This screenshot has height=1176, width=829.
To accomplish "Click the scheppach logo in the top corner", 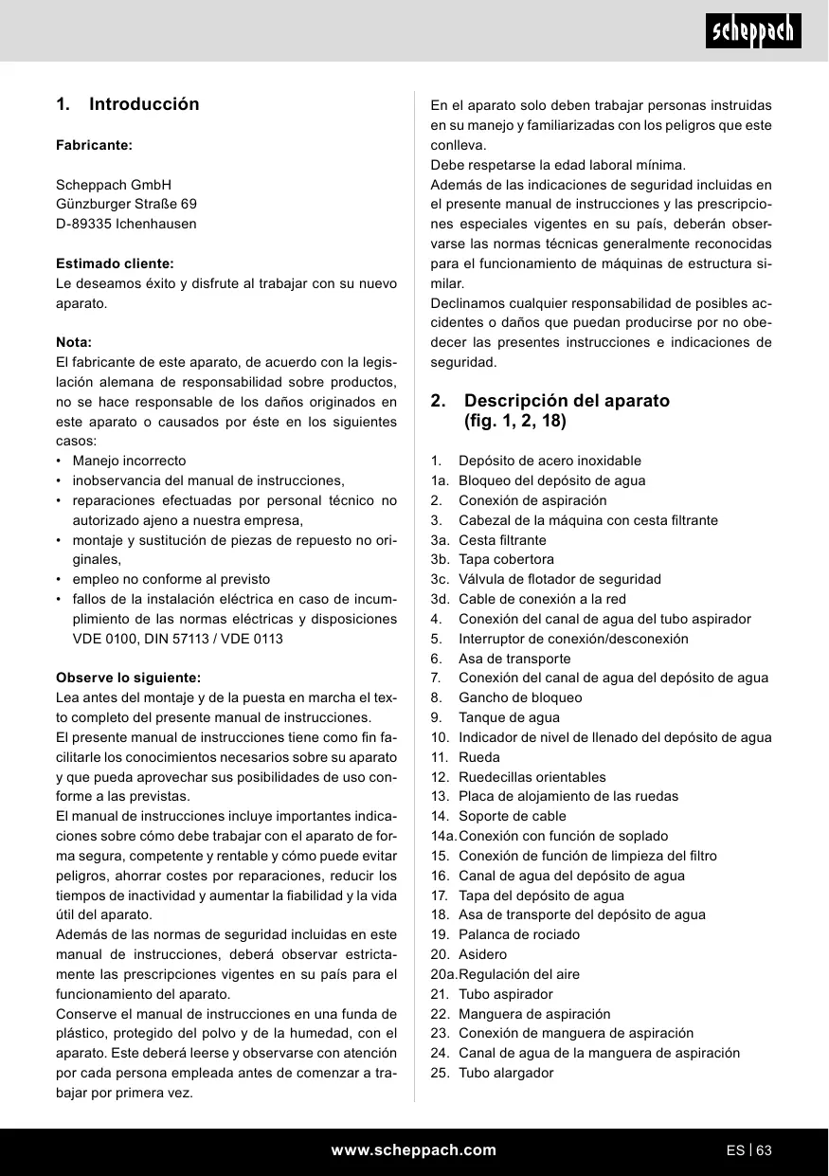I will click(755, 31).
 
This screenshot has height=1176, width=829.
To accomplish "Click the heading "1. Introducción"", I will click(128, 104).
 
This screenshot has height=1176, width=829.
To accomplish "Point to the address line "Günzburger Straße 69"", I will click(126, 204).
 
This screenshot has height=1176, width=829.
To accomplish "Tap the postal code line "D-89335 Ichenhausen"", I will click(126, 224).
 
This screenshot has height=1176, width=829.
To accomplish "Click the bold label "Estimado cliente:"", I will click(115, 263).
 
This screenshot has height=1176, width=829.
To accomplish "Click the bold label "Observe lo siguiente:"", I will click(128, 678).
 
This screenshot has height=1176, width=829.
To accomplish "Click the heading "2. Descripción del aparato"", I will click(567, 400).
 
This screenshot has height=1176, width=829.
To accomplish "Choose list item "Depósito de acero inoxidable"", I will click(550, 461).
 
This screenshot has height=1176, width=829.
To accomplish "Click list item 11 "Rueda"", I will click(478, 757).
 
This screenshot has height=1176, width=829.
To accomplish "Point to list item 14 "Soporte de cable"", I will click(512, 816).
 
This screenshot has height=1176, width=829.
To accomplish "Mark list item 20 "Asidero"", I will click(482, 954).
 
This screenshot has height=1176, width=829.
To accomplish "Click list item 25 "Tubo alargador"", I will click(506, 1073).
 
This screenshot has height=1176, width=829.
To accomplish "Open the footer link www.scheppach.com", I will click(413, 1150).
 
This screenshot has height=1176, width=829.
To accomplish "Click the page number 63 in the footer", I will click(765, 1150).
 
